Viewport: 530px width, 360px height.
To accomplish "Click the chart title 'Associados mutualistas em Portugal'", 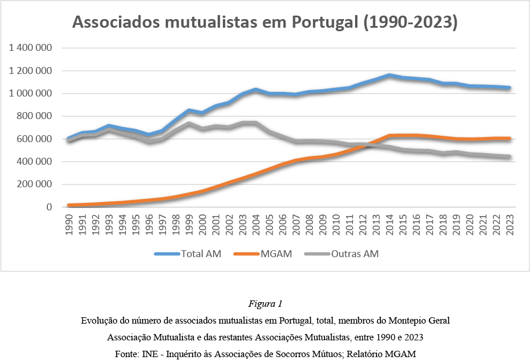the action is coord(215,23).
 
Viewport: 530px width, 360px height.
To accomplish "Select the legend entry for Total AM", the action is coord(188,254).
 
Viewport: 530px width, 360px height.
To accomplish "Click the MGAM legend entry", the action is coord(263,254).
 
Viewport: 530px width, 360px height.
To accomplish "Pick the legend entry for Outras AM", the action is coord(341,254).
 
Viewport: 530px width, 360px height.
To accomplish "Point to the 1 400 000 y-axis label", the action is coord(31,48).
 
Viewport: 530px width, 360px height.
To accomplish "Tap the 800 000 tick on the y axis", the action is coord(35,116).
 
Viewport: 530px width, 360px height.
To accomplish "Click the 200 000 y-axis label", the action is coord(35,184).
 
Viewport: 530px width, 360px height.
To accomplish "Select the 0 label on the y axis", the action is coord(49,207).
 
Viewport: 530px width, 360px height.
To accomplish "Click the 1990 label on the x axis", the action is coord(69,224).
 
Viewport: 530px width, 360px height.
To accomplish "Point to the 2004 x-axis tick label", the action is coord(256,224).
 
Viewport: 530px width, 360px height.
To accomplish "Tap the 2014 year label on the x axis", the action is coord(389,224).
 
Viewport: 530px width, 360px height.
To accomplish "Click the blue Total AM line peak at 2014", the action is coord(389,75).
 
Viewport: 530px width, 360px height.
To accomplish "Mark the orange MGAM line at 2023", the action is coord(509,138).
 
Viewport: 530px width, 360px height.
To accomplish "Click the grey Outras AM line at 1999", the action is coord(189,124).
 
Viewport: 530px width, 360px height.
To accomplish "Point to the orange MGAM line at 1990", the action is coord(69,205).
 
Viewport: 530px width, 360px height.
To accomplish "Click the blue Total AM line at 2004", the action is coord(256,90).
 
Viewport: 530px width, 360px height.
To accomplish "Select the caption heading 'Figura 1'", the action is coord(266,303).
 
